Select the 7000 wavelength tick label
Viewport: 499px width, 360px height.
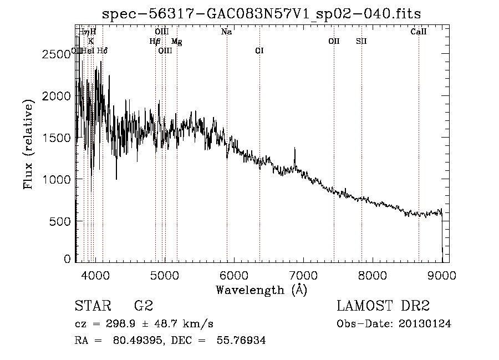point(303,275)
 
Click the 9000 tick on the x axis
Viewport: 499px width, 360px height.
point(442,275)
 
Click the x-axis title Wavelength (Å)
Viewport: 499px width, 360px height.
point(261,290)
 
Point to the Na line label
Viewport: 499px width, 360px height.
point(226,32)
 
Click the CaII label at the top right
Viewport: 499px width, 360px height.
point(418,32)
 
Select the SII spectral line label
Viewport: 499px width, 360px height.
point(361,41)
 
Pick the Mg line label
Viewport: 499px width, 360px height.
point(176,42)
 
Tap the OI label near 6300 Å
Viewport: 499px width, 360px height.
point(259,50)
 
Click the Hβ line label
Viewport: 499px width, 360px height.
point(155,42)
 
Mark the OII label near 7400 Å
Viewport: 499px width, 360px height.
point(333,41)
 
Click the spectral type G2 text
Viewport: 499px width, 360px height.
point(143,306)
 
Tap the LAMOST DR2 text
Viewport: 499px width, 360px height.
point(383,306)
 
